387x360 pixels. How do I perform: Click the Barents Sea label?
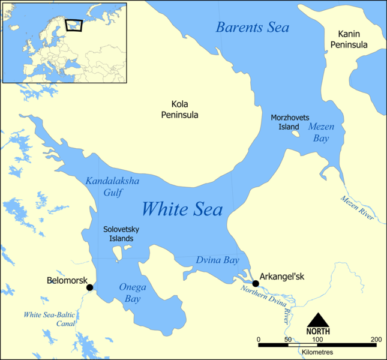click(x=253, y=28)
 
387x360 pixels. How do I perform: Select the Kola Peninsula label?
click(x=180, y=110)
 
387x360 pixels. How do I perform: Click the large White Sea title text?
click(x=182, y=209)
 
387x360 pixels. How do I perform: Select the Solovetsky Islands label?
click(x=118, y=233)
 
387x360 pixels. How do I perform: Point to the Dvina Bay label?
click(x=217, y=260)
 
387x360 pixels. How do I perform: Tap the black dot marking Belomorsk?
click(x=90, y=287)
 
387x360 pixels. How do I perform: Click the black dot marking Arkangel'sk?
click(x=256, y=283)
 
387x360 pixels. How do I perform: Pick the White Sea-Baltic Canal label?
click(x=49, y=319)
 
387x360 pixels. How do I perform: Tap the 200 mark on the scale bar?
click(x=376, y=340)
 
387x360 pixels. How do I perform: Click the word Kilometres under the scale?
click(x=317, y=352)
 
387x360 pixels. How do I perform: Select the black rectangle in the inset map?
click(x=73, y=25)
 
